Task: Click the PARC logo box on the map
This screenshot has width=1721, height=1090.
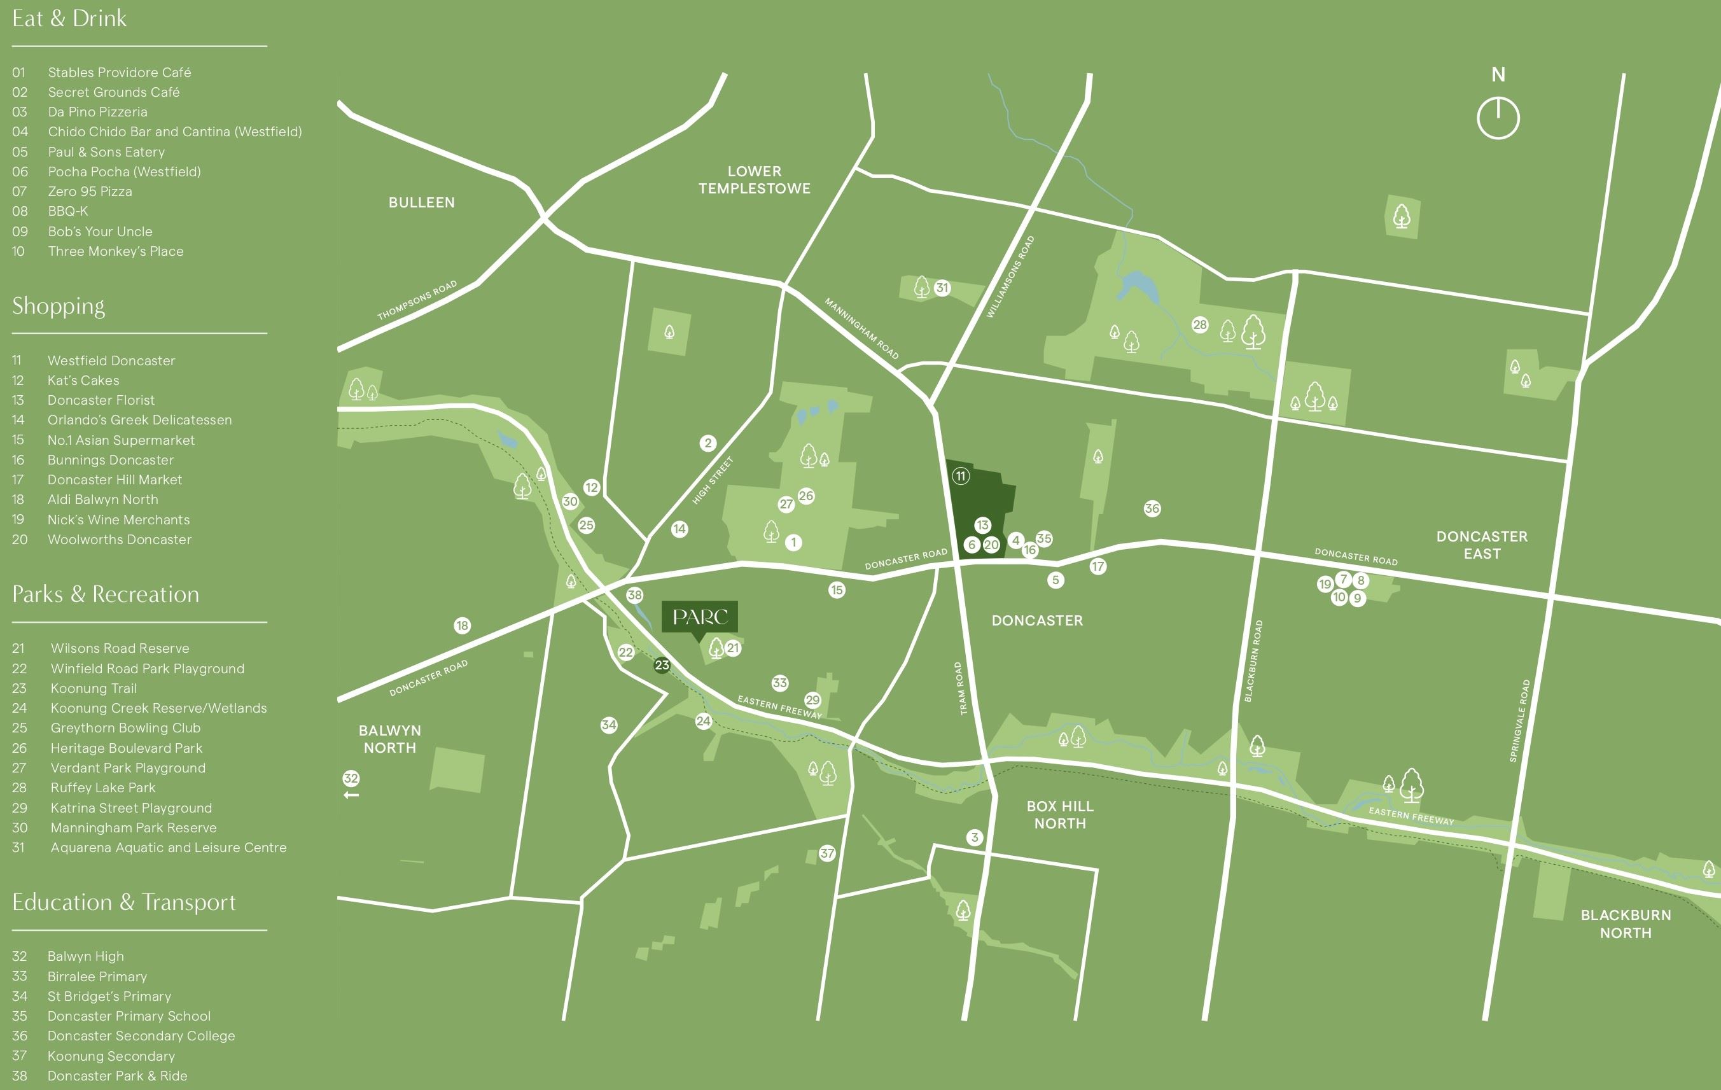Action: click(699, 616)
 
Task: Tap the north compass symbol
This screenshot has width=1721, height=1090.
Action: click(1498, 118)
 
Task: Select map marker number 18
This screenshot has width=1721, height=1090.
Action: click(463, 625)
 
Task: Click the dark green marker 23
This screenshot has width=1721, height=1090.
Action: click(662, 665)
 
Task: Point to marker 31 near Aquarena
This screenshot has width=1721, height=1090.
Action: click(942, 288)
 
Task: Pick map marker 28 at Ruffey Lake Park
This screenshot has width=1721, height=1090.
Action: click(1199, 325)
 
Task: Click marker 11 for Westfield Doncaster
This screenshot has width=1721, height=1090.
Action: click(960, 476)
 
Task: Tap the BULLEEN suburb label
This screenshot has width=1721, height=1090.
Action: click(421, 202)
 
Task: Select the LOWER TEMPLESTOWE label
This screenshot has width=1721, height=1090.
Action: click(754, 179)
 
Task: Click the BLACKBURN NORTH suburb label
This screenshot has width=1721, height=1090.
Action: click(1625, 923)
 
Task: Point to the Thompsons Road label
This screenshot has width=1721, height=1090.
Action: click(417, 300)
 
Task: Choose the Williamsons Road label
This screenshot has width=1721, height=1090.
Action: click(1010, 277)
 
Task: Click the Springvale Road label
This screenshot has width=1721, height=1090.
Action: click(1519, 720)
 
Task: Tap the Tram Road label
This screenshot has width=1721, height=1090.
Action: click(961, 688)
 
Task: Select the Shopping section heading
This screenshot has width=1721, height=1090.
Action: click(59, 306)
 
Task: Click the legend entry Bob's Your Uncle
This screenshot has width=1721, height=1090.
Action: click(99, 232)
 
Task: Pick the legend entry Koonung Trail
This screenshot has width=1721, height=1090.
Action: click(94, 688)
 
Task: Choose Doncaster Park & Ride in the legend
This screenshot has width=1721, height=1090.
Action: click(117, 1076)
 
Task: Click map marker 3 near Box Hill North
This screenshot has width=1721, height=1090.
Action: click(974, 837)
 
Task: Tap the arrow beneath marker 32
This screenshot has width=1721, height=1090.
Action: click(351, 795)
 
